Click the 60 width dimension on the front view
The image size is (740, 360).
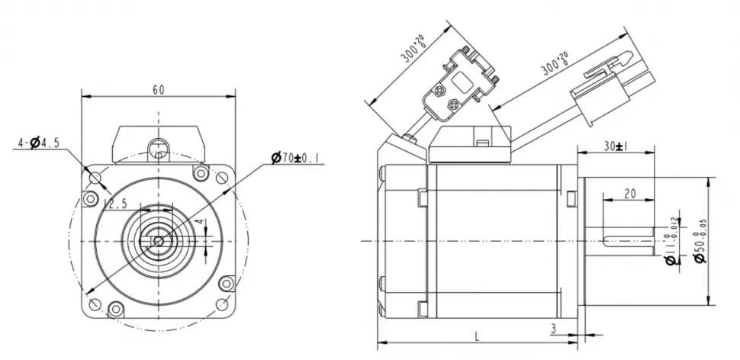click(158, 89)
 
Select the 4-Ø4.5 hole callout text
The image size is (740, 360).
click(38, 143)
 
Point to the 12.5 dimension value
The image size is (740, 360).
click(114, 204)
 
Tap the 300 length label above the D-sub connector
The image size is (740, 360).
click(413, 50)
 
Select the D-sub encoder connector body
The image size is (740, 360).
click(458, 88)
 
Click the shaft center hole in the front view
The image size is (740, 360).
click(158, 241)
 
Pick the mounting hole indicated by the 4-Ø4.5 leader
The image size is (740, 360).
click(95, 178)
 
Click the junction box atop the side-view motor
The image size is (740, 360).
click(468, 144)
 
